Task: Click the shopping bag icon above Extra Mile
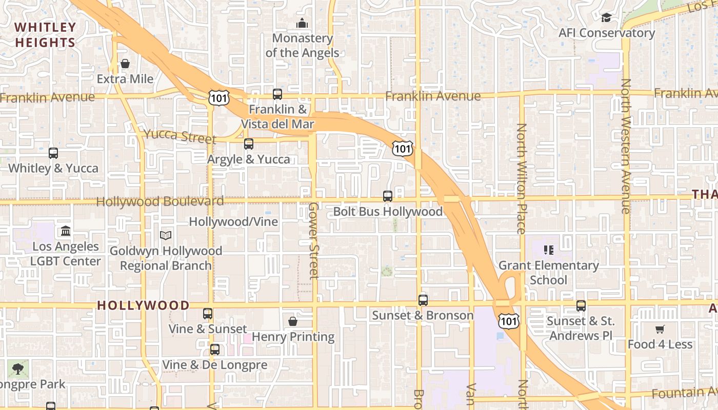[x=125, y=64]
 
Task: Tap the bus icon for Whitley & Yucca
[x=53, y=153]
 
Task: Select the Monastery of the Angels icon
[x=302, y=24]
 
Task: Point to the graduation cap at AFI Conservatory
[x=606, y=18]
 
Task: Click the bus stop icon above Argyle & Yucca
[x=249, y=144]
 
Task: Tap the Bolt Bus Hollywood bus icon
[x=388, y=196]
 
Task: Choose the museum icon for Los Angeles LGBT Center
[x=65, y=231]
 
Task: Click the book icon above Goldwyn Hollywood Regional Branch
[x=165, y=235]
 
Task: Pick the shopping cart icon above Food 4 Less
[x=660, y=330]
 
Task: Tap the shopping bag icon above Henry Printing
[x=293, y=321]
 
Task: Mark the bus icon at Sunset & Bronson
[x=423, y=300]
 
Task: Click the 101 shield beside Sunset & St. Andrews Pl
[x=508, y=321]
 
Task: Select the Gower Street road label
[x=313, y=240]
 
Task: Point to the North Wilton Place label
[x=522, y=178]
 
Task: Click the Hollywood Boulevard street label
[x=160, y=201]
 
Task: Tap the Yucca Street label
[x=180, y=136]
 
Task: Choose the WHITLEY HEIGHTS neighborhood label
[x=45, y=35]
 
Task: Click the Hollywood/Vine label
[x=233, y=222]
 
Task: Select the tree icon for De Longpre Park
[x=18, y=369]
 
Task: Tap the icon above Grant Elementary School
[x=549, y=250]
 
